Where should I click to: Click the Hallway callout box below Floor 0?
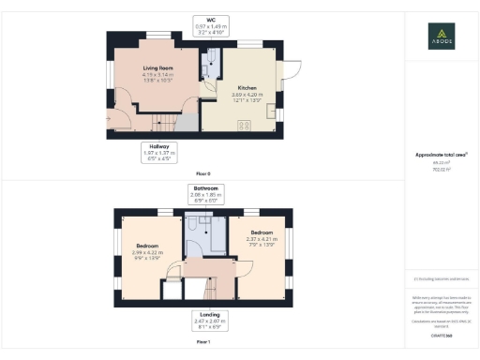tap(157, 152)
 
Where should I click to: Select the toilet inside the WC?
tap(211, 63)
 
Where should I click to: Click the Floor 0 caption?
tap(202, 174)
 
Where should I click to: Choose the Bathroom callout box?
tap(202, 194)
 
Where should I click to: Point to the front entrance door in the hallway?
tap(119, 119)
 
